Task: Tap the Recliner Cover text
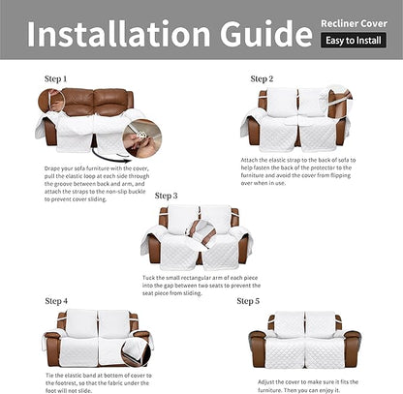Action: [354, 20]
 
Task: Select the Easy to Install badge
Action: [354, 41]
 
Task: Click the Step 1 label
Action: [56, 77]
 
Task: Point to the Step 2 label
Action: [262, 78]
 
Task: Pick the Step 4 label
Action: [56, 301]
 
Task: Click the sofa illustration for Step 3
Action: [196, 235]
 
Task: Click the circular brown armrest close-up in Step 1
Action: [51, 99]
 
